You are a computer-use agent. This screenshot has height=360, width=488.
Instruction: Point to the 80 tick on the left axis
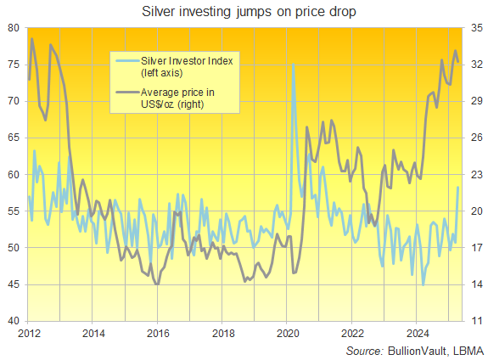point(13,28)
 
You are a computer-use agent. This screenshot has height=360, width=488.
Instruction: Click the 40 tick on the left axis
point(13,322)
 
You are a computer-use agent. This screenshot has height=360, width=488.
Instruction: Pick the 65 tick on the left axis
point(13,138)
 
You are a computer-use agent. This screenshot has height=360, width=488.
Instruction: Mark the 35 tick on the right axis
point(475,28)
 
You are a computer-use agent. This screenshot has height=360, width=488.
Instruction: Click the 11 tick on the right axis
point(475,322)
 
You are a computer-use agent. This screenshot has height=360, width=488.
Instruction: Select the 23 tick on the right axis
point(475,175)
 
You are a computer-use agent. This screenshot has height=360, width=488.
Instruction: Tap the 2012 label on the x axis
point(28,334)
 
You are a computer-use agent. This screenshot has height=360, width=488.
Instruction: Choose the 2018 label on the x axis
point(222,334)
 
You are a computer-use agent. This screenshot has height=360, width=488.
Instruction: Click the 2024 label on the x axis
point(418,334)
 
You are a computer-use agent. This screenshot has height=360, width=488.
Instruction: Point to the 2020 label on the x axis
point(288,334)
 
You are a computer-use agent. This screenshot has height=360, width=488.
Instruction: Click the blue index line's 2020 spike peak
point(293,65)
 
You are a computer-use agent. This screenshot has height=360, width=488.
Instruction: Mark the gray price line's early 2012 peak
point(32,39)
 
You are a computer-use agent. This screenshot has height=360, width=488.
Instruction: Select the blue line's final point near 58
point(458,188)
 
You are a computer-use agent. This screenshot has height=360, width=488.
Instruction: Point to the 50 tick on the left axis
point(13,248)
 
